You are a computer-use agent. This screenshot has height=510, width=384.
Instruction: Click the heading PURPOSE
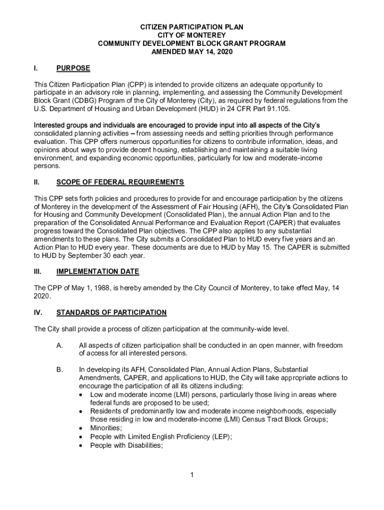[x=73, y=68]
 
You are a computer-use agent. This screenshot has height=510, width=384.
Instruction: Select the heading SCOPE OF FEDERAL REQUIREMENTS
[x=120, y=182]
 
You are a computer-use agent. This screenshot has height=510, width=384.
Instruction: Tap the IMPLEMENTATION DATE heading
[x=98, y=271]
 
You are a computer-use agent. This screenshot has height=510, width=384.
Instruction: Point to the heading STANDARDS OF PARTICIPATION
[x=111, y=312]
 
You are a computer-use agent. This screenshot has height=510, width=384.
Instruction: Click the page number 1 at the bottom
[x=192, y=474]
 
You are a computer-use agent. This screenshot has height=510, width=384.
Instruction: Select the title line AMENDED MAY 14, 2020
[x=192, y=52]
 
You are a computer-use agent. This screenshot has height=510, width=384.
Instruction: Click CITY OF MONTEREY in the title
[x=192, y=35]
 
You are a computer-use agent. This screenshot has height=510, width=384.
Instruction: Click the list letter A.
[x=59, y=345]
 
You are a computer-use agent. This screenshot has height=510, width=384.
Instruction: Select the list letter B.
[x=59, y=370]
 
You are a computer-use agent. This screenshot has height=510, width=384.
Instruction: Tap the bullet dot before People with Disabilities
[x=81, y=446]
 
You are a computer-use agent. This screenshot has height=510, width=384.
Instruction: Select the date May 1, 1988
[x=80, y=288]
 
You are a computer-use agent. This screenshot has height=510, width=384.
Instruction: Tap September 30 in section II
[x=85, y=255]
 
